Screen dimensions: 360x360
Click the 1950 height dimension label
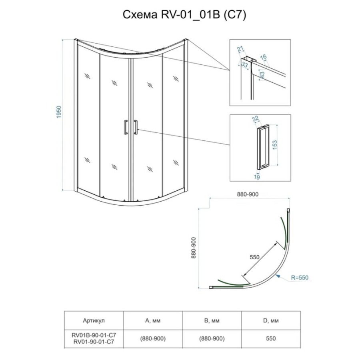[59, 112]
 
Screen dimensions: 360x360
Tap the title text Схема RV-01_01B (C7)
[184, 15]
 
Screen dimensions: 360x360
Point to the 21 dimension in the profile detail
[240, 49]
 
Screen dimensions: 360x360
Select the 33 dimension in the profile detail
[245, 65]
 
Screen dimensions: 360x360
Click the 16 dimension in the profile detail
[263, 57]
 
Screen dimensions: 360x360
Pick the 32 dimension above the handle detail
[255, 118]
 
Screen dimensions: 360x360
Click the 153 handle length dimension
[274, 145]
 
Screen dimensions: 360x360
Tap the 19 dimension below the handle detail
[257, 177]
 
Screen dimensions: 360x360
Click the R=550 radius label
[300, 277]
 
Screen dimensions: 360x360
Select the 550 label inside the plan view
[254, 257]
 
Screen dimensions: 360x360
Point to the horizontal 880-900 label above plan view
[248, 194]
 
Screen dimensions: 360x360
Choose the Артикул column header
[94, 320]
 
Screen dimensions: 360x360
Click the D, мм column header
[271, 320]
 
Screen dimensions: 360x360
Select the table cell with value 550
[271, 338]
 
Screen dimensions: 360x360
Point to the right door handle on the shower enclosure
[136, 127]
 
